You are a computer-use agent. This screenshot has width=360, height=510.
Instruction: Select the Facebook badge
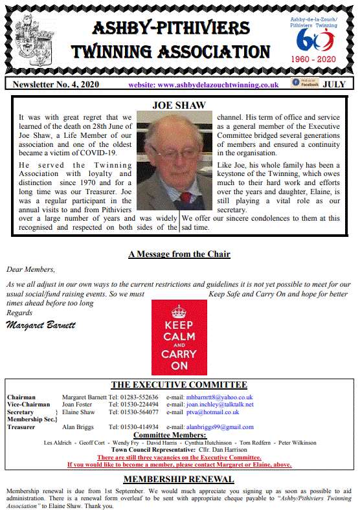(x=306, y=83)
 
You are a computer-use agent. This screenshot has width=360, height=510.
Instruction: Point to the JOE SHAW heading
(x=179, y=105)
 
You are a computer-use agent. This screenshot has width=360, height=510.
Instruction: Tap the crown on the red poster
(x=179, y=310)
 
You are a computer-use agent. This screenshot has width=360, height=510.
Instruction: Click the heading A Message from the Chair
(x=179, y=254)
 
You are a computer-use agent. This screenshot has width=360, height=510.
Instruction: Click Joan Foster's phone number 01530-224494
(x=133, y=405)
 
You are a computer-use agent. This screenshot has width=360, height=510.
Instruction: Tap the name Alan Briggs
(x=77, y=427)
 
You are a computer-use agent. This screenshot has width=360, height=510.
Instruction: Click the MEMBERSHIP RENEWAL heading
(x=179, y=479)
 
